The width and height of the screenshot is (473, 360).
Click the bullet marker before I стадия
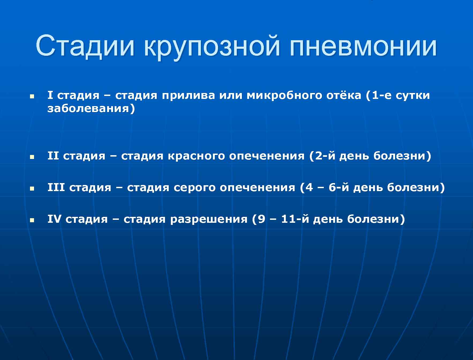[x=32, y=96]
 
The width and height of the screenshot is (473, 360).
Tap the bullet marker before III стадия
[x=32, y=188]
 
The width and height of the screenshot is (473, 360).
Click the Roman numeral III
[x=56, y=187]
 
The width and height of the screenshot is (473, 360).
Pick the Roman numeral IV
[x=54, y=219]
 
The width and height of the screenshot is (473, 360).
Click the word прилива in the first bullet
[x=188, y=95]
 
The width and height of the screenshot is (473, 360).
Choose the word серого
[x=194, y=188]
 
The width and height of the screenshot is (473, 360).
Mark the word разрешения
[x=209, y=219]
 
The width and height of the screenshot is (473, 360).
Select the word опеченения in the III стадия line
[x=257, y=188]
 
